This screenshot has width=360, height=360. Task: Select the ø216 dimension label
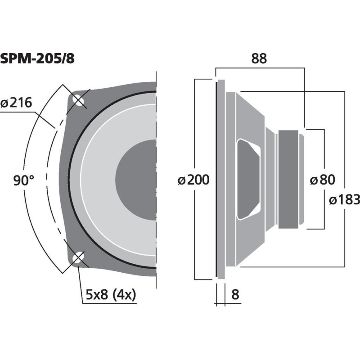16,103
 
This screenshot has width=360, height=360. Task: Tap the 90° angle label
23,181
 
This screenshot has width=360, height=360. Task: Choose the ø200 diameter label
193,180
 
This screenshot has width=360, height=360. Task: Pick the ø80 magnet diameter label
323,180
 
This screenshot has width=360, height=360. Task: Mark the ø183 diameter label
344,199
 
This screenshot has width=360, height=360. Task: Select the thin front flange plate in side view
220,180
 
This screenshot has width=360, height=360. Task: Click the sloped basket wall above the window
252,117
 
